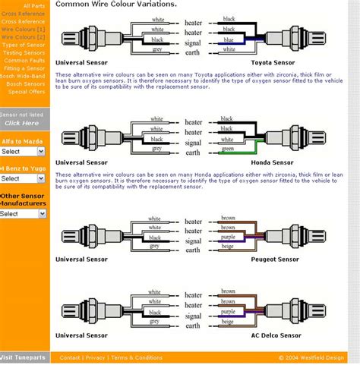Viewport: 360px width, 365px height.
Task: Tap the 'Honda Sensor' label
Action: [271, 162]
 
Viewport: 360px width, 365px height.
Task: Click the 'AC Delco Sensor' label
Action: [275, 334]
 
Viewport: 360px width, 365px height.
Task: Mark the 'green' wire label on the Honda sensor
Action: [227, 149]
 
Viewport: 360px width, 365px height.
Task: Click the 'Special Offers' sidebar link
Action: [27, 91]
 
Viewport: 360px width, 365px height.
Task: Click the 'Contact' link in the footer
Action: [70, 357]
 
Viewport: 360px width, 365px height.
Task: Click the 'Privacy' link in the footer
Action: [96, 357]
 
